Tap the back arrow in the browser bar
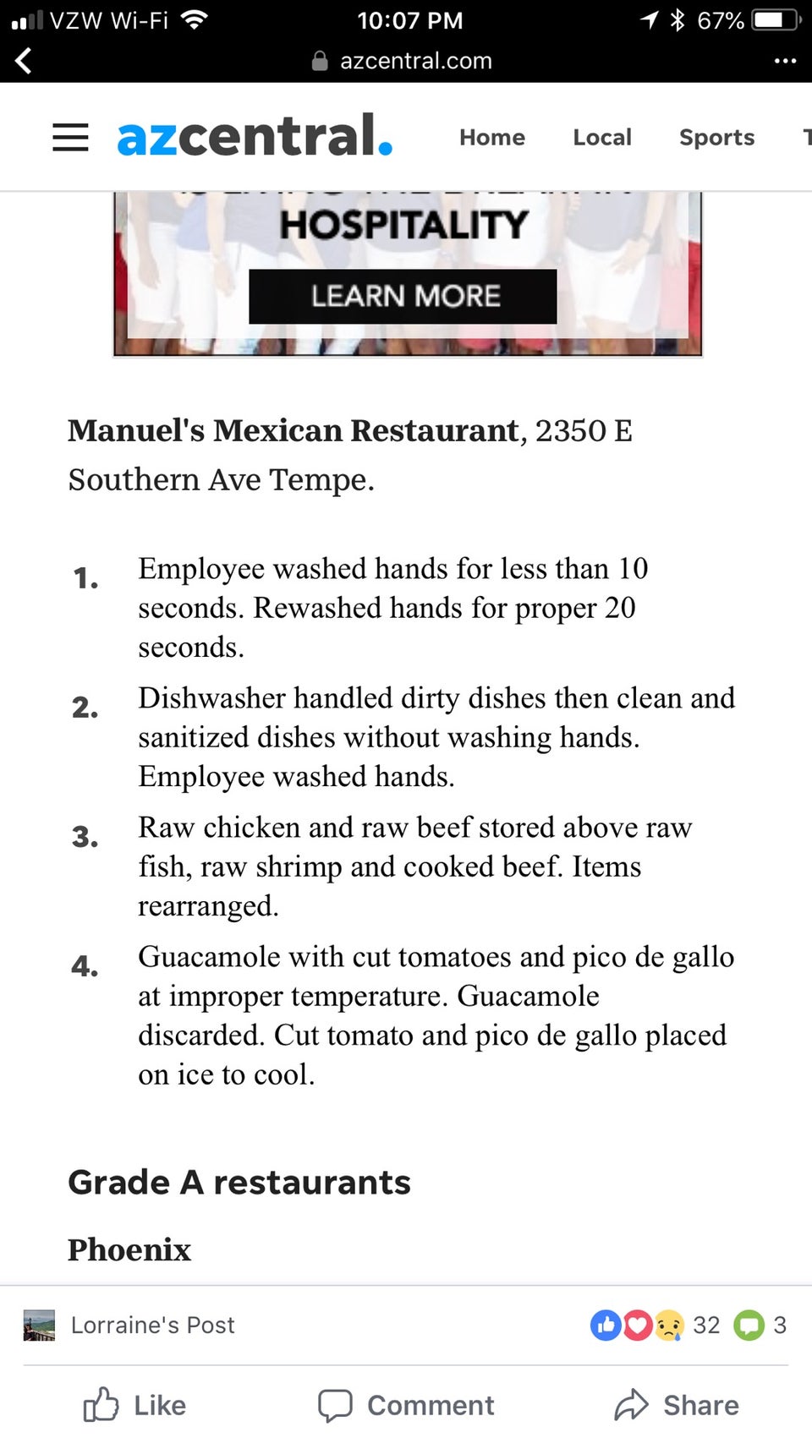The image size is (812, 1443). pos(24,61)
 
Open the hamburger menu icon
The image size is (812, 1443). pos(70,137)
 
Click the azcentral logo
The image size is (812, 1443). pos(255,137)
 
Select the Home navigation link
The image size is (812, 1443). pos(492,137)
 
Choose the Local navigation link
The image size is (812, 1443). pos(602,137)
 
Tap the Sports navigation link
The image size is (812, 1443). pos(716,137)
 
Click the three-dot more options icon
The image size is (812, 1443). pos(785,61)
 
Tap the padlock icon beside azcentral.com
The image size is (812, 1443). pos(320,61)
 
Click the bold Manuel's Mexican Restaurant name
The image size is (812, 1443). pos(293,430)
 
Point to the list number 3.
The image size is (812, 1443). pos(85,837)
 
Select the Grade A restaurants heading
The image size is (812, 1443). pos(239,1182)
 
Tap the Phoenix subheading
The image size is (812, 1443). pos(129,1249)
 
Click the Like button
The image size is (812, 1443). pos(135,1405)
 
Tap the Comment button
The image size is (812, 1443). pos(406,1405)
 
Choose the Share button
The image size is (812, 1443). pos(677,1405)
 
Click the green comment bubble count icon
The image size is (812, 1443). pos(749,1325)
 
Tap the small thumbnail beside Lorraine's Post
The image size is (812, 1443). pos(39,1325)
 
